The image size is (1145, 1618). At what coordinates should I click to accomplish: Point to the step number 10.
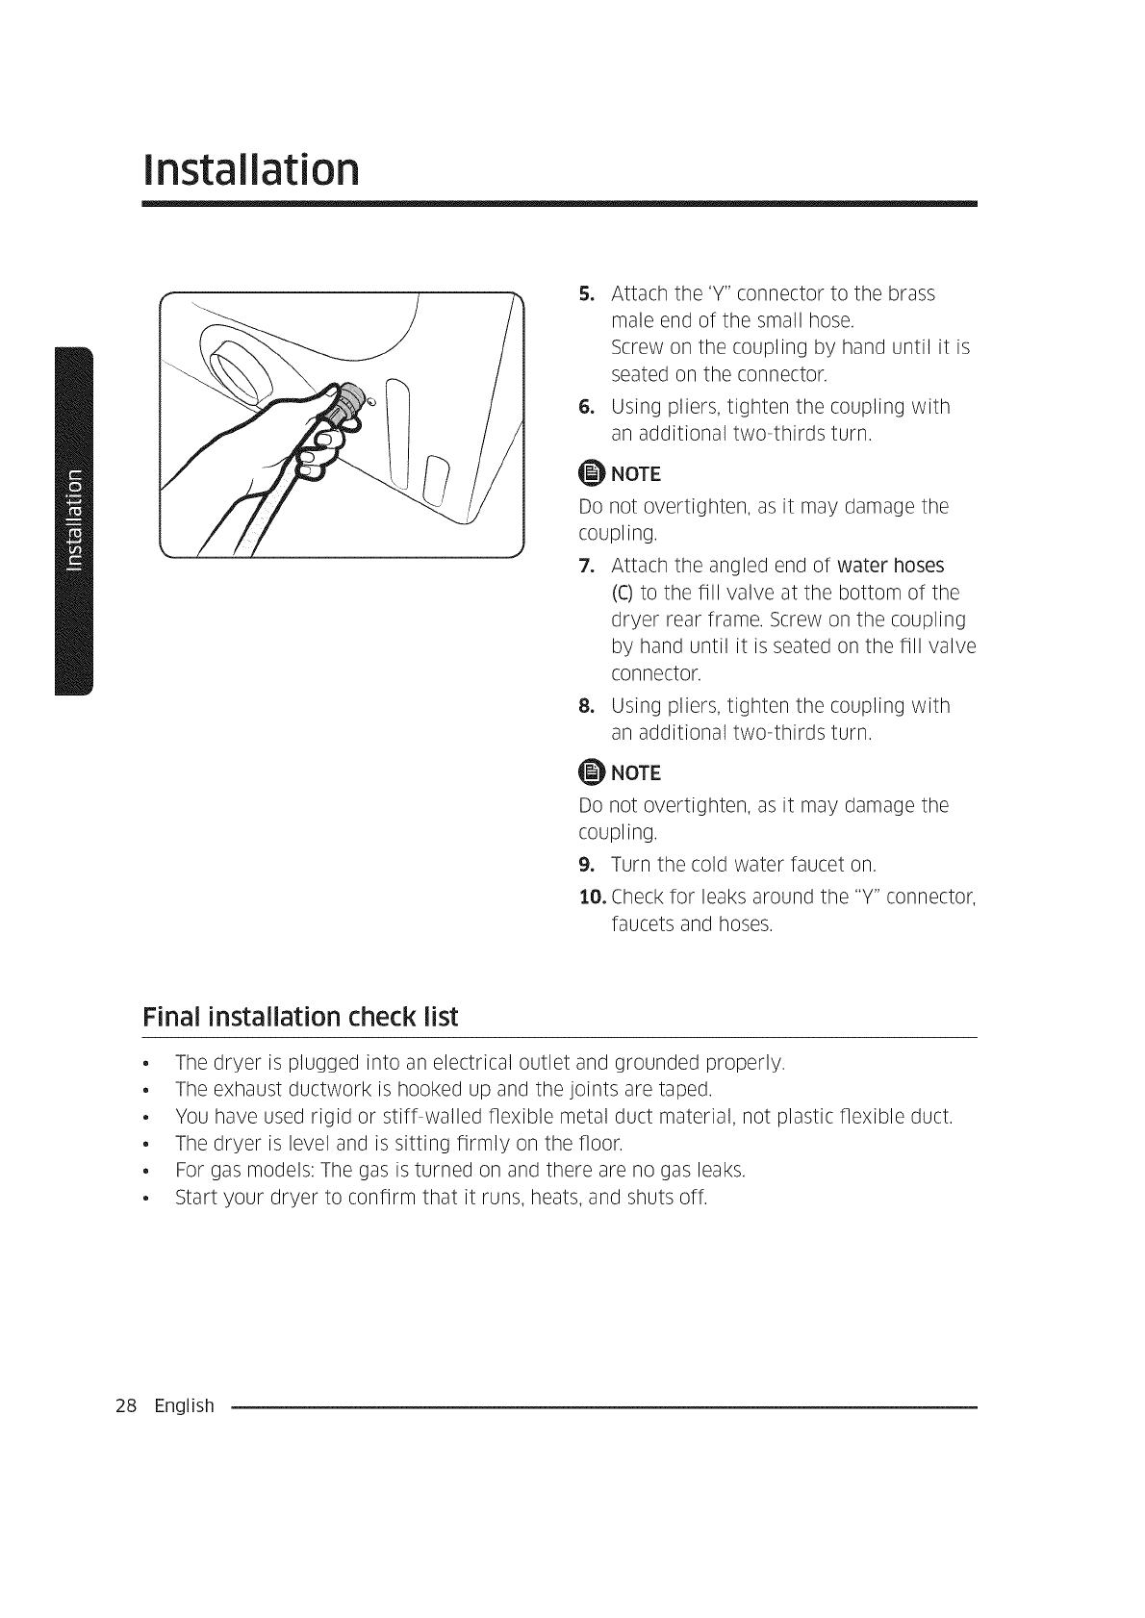[591, 897]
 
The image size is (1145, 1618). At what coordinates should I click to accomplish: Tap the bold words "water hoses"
[891, 565]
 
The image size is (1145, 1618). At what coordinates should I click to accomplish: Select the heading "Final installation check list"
[299, 1016]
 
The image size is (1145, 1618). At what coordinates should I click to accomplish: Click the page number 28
[126, 1406]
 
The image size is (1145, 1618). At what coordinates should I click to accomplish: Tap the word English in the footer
[185, 1406]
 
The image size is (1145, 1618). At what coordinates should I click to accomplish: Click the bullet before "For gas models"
[144, 1172]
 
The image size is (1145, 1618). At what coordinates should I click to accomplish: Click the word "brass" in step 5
[909, 293]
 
